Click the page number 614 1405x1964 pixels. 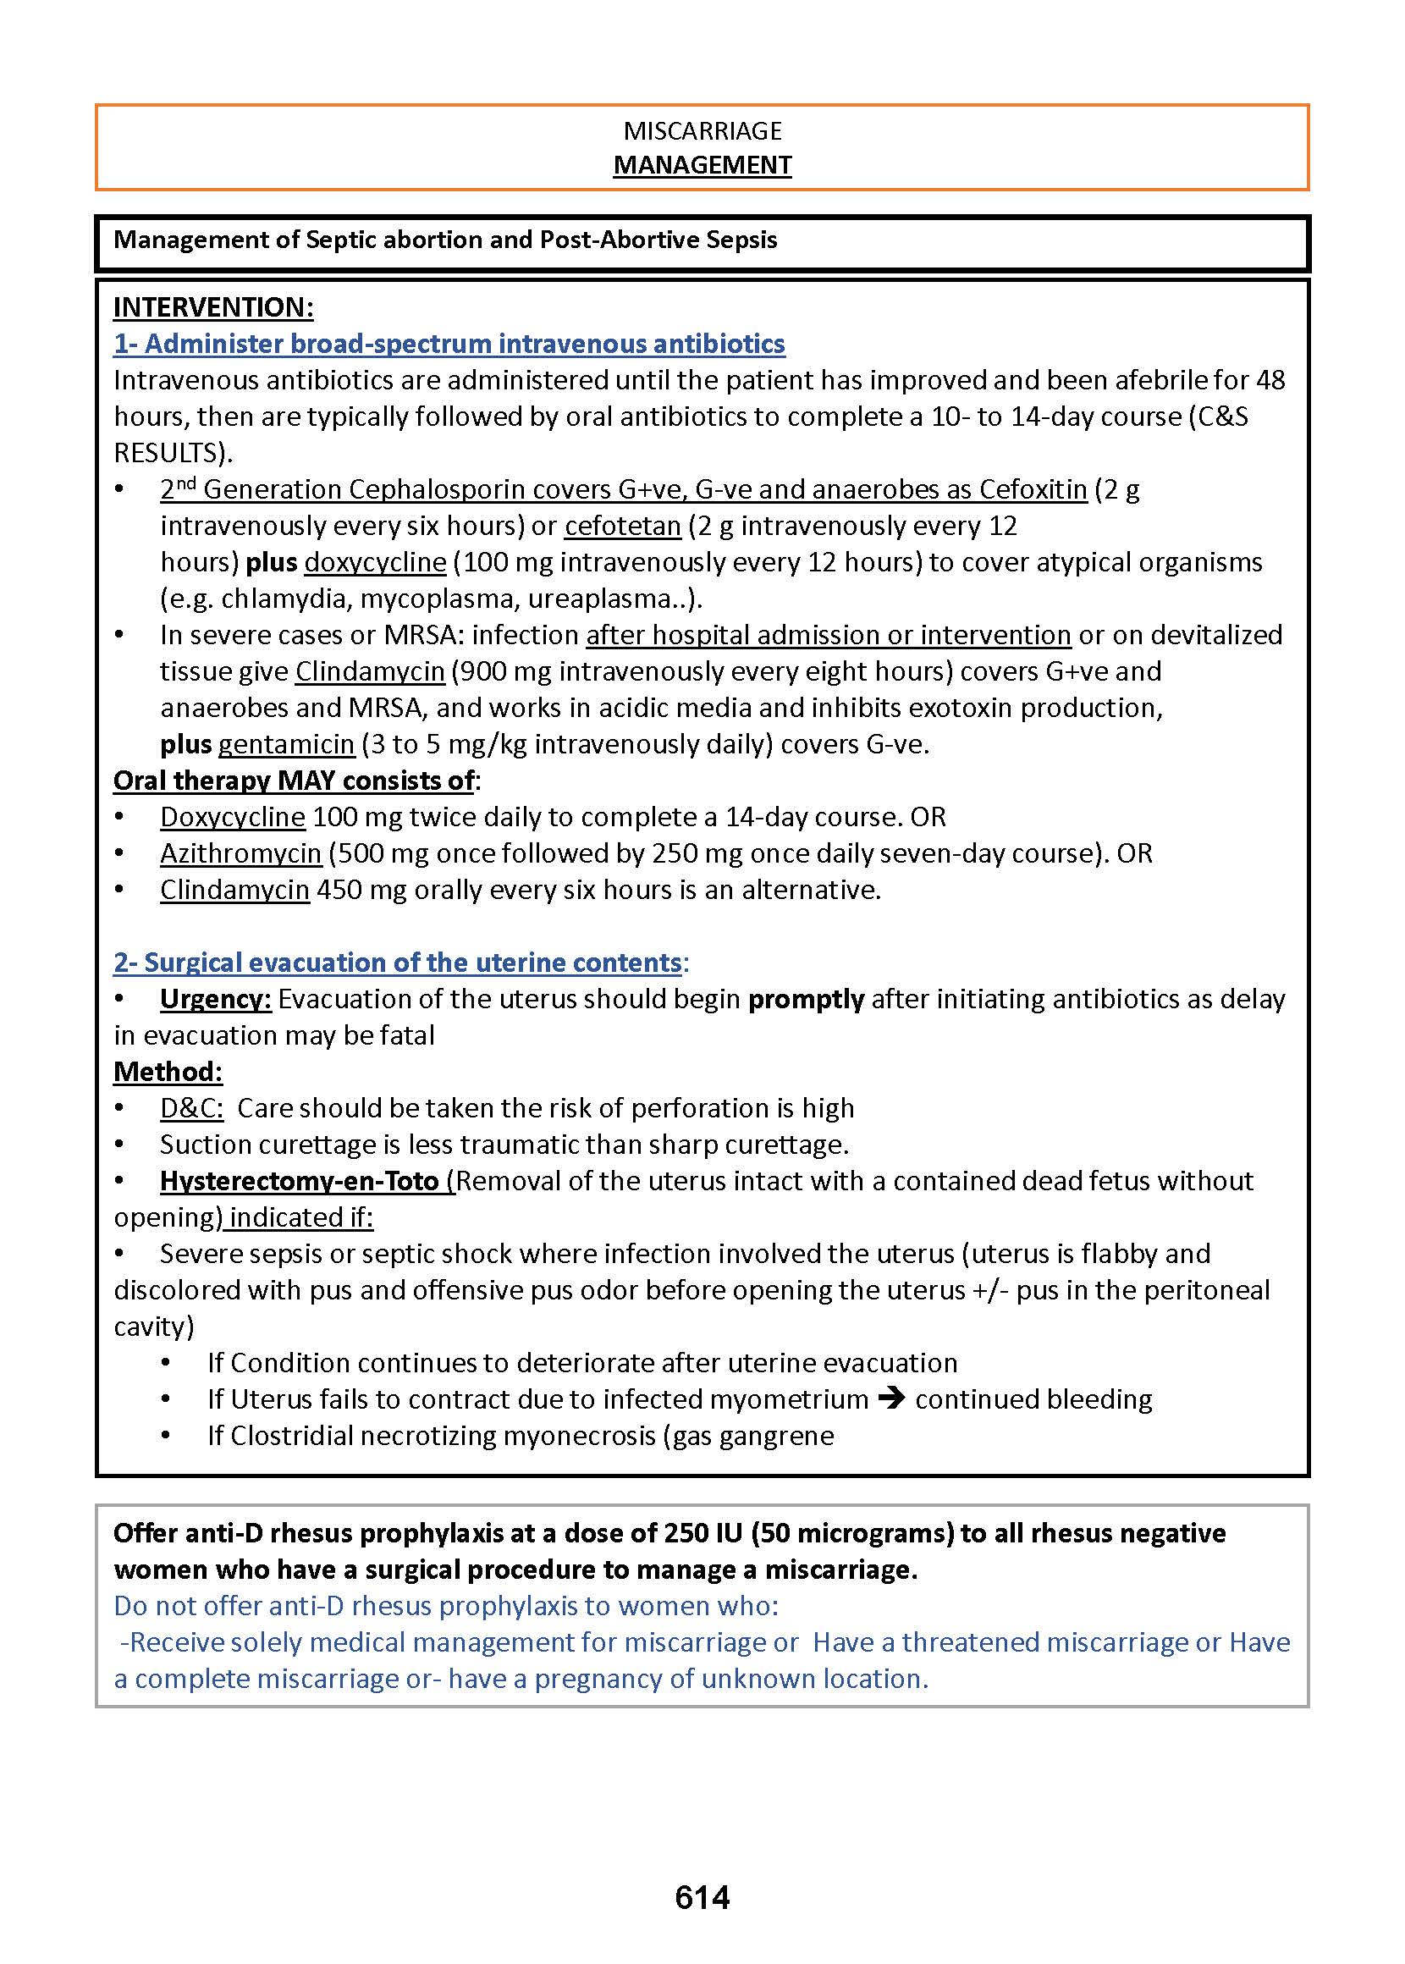coord(702,1896)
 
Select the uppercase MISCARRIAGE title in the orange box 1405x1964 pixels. coord(702,130)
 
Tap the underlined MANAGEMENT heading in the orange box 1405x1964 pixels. coord(702,165)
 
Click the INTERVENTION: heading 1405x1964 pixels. coord(212,307)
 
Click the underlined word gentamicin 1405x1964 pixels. coord(286,744)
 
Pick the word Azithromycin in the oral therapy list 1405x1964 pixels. coord(240,853)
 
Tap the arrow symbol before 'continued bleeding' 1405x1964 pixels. coord(891,1399)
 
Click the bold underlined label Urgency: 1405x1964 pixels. coord(216,999)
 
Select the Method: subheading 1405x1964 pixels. coord(168,1072)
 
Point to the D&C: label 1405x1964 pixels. coord(192,1108)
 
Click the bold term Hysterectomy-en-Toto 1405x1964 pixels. coord(300,1181)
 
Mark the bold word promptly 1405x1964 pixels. coord(807,999)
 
